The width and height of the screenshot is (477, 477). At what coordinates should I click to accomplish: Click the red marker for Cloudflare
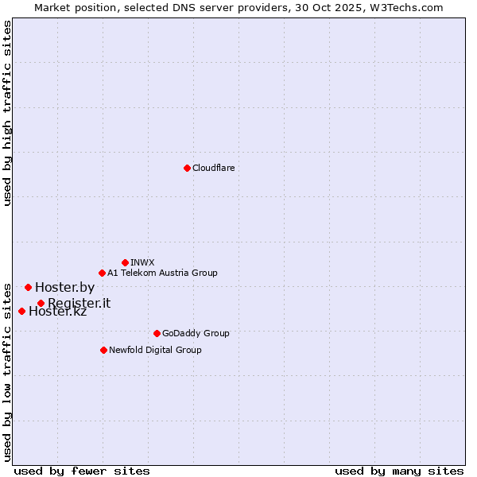point(187,168)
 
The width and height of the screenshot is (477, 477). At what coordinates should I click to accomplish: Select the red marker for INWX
point(125,262)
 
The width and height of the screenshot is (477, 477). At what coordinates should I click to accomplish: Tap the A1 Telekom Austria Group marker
point(102,273)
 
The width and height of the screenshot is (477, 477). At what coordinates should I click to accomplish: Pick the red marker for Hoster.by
point(28,287)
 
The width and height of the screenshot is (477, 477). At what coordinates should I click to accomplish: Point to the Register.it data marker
point(41,303)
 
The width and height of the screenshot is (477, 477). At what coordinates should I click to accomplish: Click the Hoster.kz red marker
point(21,311)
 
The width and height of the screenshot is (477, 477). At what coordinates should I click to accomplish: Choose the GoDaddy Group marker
point(157,333)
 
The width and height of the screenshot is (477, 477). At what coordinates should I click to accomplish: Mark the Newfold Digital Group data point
point(103,350)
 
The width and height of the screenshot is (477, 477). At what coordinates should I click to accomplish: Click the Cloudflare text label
point(213,168)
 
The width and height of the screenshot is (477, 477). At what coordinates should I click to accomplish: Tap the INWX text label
point(142,262)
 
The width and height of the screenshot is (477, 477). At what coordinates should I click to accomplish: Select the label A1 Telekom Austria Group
point(162,273)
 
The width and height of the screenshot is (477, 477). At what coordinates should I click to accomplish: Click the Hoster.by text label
point(64,287)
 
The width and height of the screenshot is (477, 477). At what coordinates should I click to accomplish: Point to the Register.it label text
point(79,303)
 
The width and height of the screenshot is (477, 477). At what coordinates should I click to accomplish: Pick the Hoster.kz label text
point(57,311)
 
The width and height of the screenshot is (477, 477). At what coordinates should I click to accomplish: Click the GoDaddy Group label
point(196,333)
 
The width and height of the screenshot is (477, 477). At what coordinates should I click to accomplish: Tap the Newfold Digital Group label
point(155,350)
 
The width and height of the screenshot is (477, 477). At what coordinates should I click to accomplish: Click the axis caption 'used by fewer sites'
point(82,471)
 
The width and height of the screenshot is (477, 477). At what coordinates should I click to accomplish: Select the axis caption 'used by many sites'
point(399,471)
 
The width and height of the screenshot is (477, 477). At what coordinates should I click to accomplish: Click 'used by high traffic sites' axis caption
point(8,114)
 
